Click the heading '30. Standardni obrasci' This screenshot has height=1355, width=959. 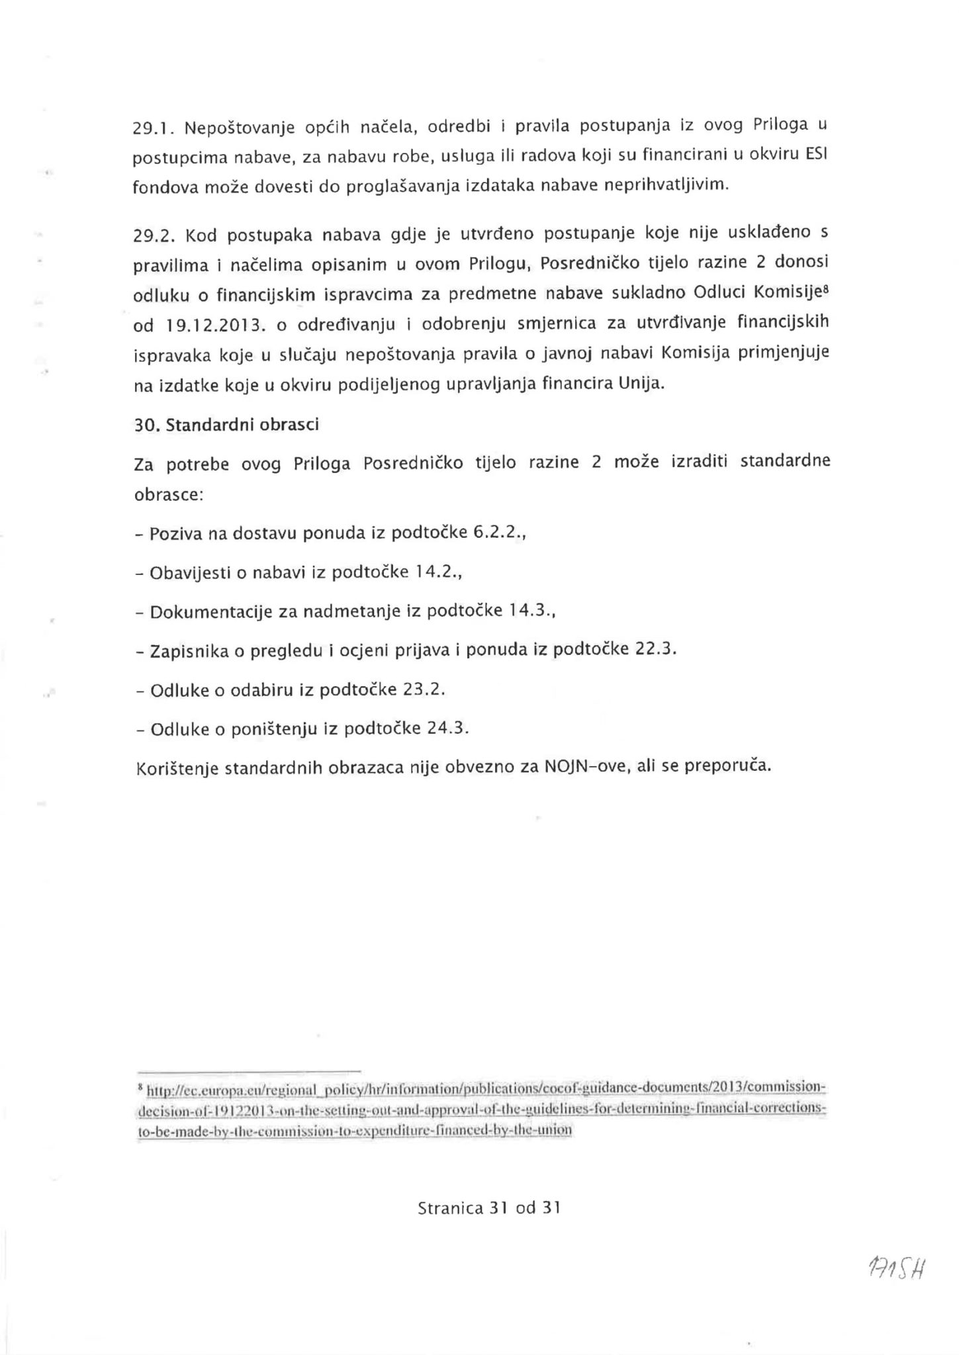226,425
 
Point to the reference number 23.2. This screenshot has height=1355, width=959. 422,689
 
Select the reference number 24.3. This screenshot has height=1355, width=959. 447,728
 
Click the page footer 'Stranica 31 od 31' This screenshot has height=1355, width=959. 489,1208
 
